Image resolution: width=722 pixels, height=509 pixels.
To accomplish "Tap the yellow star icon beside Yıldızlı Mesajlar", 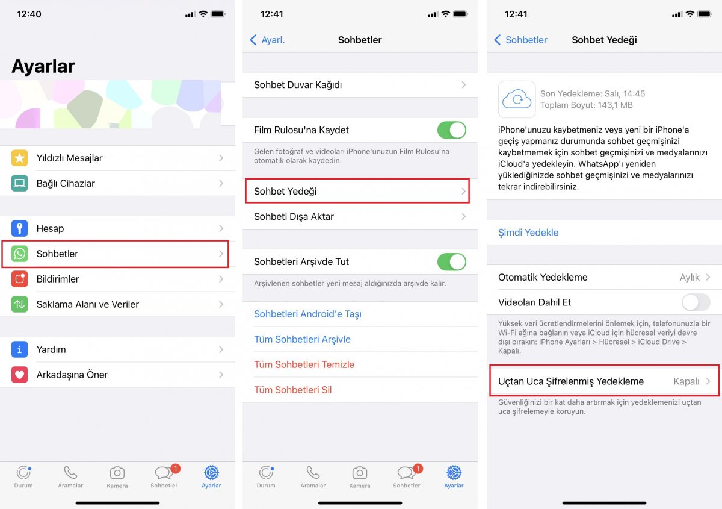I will (20, 158).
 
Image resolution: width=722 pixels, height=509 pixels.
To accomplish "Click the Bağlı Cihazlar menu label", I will (66, 183).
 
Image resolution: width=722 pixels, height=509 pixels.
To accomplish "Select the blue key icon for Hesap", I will (20, 228).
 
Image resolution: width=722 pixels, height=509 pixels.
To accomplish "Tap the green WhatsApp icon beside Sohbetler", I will (20, 254).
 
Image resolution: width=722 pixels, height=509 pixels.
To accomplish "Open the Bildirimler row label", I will (58, 279).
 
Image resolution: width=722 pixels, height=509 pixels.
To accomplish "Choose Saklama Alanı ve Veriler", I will (87, 304).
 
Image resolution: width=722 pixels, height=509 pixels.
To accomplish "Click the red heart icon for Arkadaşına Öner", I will (20, 375).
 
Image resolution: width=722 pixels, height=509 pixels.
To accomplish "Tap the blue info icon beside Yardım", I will (20, 349).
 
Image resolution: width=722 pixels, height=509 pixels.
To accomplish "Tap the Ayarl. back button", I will (267, 40).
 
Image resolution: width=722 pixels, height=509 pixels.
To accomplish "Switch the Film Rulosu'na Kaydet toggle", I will (451, 130).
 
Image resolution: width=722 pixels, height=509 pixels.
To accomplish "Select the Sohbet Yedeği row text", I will (285, 191).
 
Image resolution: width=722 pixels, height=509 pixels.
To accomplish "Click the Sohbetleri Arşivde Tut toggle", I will (451, 262).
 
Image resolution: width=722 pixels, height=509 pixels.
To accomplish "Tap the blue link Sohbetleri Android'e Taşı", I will (307, 314).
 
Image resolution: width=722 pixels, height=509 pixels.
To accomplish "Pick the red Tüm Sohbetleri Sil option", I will (293, 390).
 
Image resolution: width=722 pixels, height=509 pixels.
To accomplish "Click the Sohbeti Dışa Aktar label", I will (294, 216).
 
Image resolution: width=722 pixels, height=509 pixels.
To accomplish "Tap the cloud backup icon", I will (517, 99).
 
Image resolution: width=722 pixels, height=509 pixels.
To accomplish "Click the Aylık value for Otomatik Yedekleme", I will (690, 277).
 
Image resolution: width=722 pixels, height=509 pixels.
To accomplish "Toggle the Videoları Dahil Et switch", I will (696, 302).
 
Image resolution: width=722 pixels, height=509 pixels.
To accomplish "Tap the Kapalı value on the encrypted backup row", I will (686, 381).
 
